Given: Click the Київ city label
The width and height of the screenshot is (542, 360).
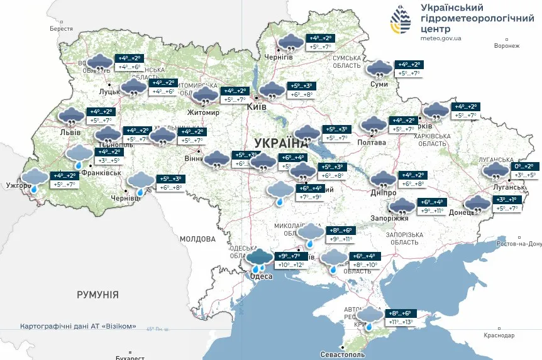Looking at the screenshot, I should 257,107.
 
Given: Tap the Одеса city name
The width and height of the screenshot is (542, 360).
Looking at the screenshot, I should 261,276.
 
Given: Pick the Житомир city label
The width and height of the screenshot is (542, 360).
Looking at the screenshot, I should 203,113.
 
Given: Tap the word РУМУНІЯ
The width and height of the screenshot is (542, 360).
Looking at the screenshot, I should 97,294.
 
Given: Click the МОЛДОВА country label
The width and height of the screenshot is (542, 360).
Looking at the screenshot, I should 197,239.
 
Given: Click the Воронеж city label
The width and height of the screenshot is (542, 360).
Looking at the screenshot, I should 507,46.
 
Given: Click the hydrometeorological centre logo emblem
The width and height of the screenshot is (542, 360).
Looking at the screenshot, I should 400,21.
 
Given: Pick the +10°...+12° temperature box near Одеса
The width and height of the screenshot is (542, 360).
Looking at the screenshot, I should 290,265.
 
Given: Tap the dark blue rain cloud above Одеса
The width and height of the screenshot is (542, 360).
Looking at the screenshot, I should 259,258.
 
